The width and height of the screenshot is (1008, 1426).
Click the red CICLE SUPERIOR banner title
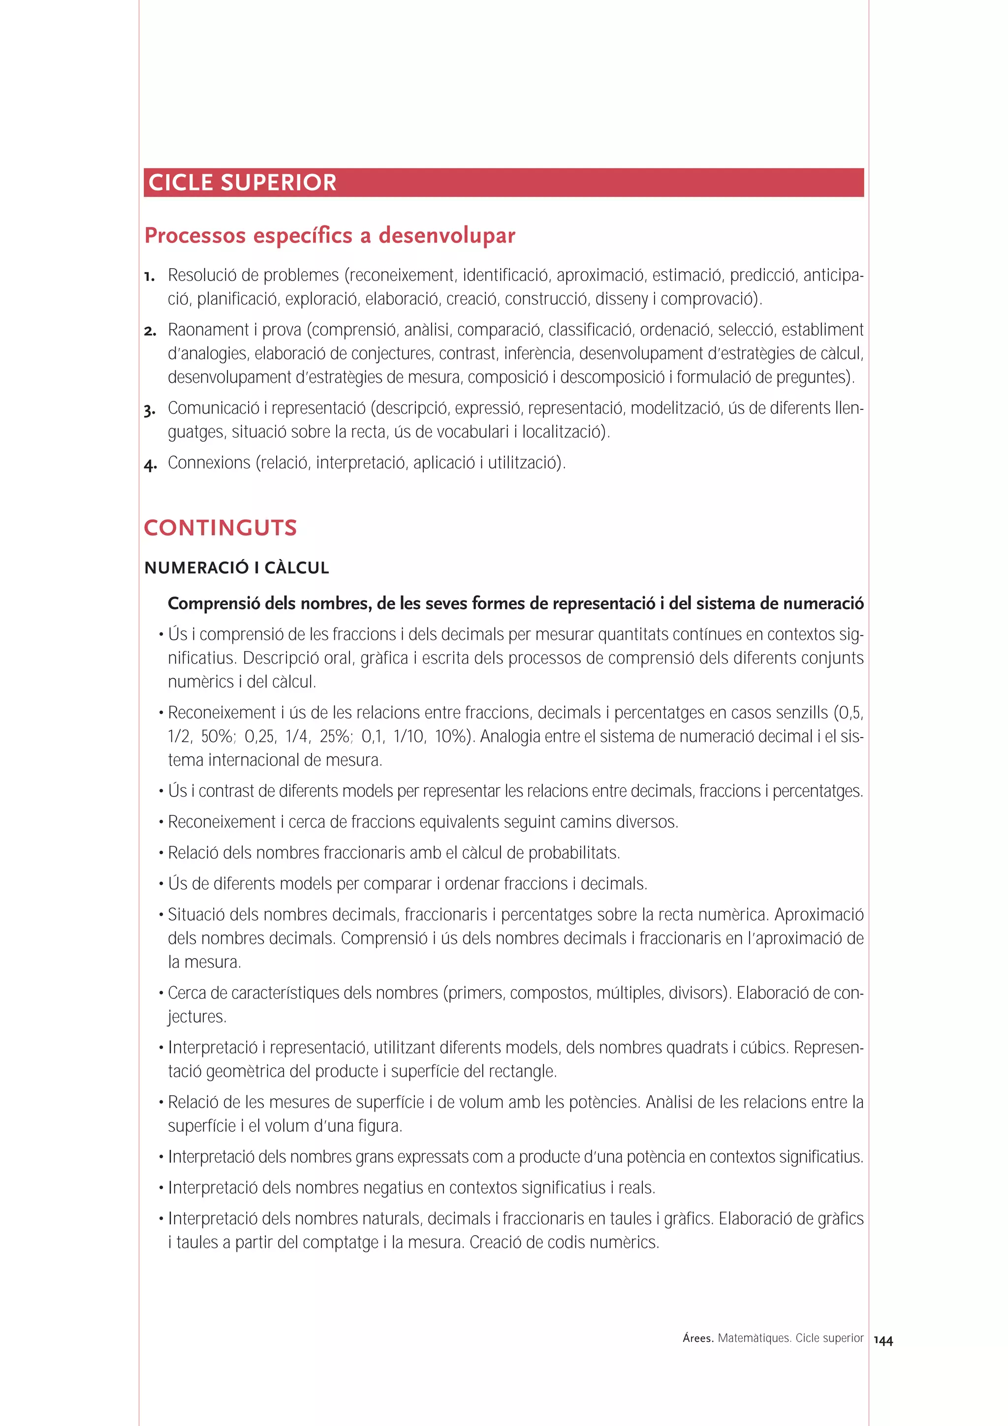click(x=242, y=183)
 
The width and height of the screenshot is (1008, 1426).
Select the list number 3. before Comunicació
click(x=149, y=410)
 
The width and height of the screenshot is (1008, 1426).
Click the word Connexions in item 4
click(x=209, y=463)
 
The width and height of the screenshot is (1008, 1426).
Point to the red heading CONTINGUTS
click(x=220, y=528)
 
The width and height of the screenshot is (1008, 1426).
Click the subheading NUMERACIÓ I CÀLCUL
click(x=237, y=568)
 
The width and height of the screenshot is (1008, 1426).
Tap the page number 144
click(x=883, y=1340)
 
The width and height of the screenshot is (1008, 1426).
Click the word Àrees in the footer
click(x=697, y=1338)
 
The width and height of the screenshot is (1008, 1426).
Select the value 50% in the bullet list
click(x=218, y=737)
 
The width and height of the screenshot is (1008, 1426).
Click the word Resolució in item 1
click(x=202, y=275)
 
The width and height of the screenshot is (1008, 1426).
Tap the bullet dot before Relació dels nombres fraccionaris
click(x=161, y=853)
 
